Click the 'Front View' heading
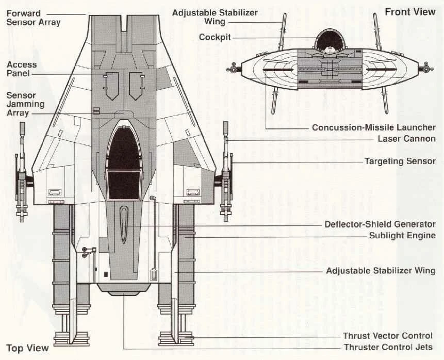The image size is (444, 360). coord(410,11)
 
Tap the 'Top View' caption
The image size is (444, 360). coord(27,347)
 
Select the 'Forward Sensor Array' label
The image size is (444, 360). coord(34,18)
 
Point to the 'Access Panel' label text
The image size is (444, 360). coord(22,69)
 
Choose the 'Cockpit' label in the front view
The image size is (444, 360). coord(215,37)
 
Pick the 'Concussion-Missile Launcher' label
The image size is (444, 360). coord(374,127)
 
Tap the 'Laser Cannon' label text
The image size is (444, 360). coord(406,139)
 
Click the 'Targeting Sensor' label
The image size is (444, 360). coord(400,161)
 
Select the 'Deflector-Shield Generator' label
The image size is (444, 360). coord(380,224)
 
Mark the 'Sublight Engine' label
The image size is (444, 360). coord(402,236)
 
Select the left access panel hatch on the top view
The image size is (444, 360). coord(111,85)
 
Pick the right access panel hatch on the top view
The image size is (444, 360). coord(136,85)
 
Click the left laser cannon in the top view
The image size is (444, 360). coord(23,170)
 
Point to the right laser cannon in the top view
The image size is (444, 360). coord(225,170)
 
